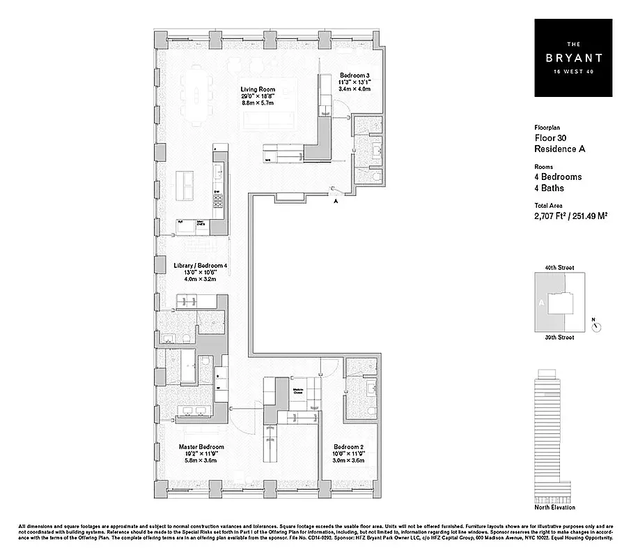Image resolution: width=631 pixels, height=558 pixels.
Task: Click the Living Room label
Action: pyautogui.click(x=258, y=89)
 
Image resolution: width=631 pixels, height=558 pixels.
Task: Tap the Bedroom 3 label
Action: pyautogui.click(x=355, y=75)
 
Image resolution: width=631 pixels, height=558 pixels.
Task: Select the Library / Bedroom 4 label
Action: pyautogui.click(x=200, y=266)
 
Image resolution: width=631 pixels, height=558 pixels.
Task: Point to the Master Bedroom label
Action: pyautogui.click(x=201, y=447)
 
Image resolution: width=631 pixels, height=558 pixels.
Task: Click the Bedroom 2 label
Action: pyautogui.click(x=348, y=447)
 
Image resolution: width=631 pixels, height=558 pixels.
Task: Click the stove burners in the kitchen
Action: pyautogui.click(x=218, y=202)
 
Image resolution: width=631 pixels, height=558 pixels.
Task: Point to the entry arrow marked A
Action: pyautogui.click(x=336, y=201)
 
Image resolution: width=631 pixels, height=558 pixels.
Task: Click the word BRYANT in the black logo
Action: pyautogui.click(x=573, y=58)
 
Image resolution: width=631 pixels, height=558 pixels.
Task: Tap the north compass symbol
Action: pyautogui.click(x=595, y=325)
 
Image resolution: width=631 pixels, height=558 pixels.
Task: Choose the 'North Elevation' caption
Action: pyautogui.click(x=554, y=507)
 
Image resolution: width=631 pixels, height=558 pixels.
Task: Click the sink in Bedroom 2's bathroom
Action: pyautogui.click(x=371, y=387)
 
